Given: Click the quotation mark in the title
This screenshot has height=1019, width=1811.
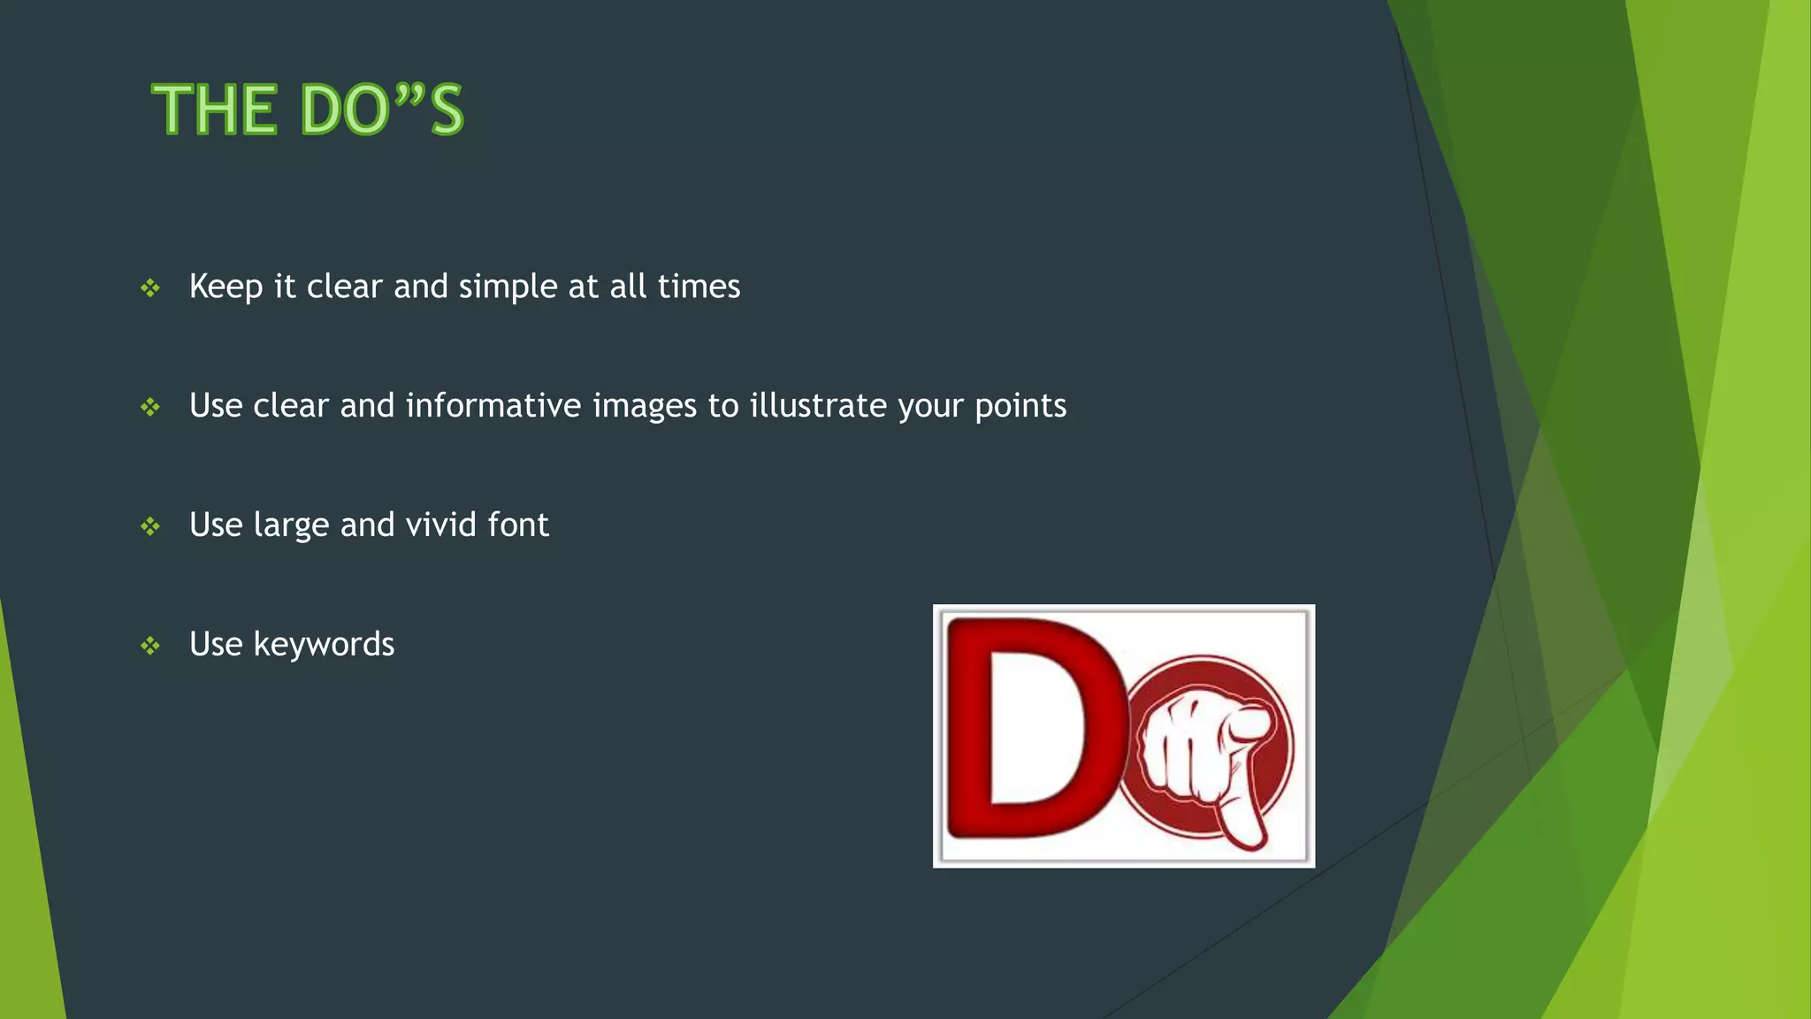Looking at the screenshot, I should (409, 93).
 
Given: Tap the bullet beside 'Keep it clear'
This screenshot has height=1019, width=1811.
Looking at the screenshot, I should (150, 287).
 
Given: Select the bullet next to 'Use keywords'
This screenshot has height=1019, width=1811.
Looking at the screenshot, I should (150, 646).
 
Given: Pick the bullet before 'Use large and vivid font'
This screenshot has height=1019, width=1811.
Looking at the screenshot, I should (150, 526).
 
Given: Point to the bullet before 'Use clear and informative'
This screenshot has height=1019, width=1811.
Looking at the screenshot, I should (150, 407).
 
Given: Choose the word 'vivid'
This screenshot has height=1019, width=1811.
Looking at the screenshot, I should (441, 525).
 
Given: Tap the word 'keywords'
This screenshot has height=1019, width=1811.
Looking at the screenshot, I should (324, 645).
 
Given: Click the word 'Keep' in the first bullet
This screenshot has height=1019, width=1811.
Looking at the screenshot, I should (225, 287).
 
